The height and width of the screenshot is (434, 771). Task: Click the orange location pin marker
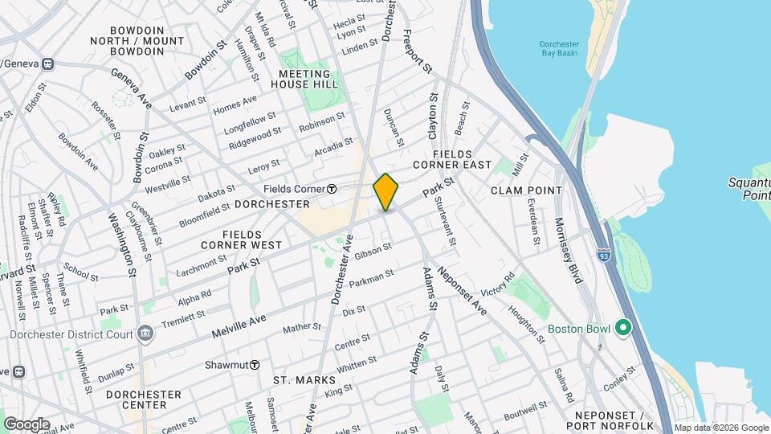[386, 192]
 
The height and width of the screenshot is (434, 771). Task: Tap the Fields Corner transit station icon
[331, 189]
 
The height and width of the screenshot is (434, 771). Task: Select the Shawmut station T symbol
[255, 364]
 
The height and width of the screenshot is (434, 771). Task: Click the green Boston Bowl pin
[623, 329]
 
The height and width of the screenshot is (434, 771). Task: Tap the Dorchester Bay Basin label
[560, 49]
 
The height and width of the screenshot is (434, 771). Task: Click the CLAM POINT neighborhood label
[526, 190]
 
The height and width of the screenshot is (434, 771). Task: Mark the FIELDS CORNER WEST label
[241, 238]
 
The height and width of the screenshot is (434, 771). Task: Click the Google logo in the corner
[27, 424]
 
